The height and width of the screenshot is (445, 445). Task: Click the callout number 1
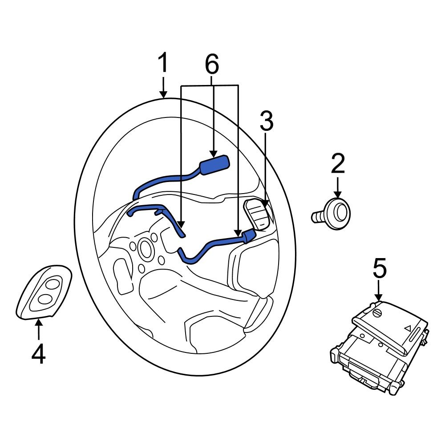pyautogui.click(x=163, y=64)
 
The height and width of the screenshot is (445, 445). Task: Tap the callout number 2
pyautogui.click(x=337, y=164)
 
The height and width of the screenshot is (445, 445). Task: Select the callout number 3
pyautogui.click(x=266, y=121)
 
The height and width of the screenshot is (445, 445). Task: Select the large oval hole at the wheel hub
pyautogui.click(x=145, y=248)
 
